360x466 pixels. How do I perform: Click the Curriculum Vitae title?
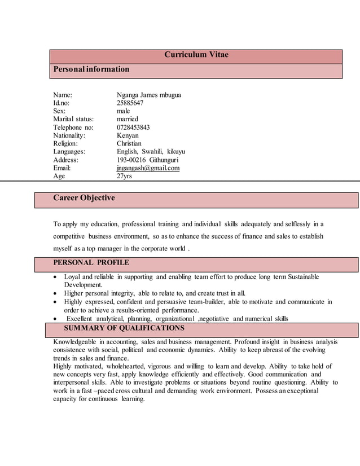(196, 55)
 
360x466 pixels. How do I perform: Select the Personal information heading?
(91, 69)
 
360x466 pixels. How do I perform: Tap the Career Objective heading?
(84, 198)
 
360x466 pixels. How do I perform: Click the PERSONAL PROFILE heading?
(91, 263)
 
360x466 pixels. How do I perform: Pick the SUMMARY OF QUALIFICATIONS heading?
(124, 328)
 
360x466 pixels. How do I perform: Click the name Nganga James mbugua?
(148, 95)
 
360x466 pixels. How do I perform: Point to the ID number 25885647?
(130, 103)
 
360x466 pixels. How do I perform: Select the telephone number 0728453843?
(133, 128)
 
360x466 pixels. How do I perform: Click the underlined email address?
(148, 168)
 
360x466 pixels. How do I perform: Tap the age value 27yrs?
(124, 176)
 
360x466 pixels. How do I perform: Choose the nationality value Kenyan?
(128, 136)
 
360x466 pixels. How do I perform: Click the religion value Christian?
(129, 144)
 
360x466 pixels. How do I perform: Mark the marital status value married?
(128, 120)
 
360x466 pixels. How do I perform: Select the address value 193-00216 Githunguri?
(147, 160)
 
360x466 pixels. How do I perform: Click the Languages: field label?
(69, 152)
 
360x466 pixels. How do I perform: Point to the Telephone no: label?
(73, 128)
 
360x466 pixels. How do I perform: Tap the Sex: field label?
(59, 111)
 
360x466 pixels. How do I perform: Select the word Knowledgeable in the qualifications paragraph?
(74, 342)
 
